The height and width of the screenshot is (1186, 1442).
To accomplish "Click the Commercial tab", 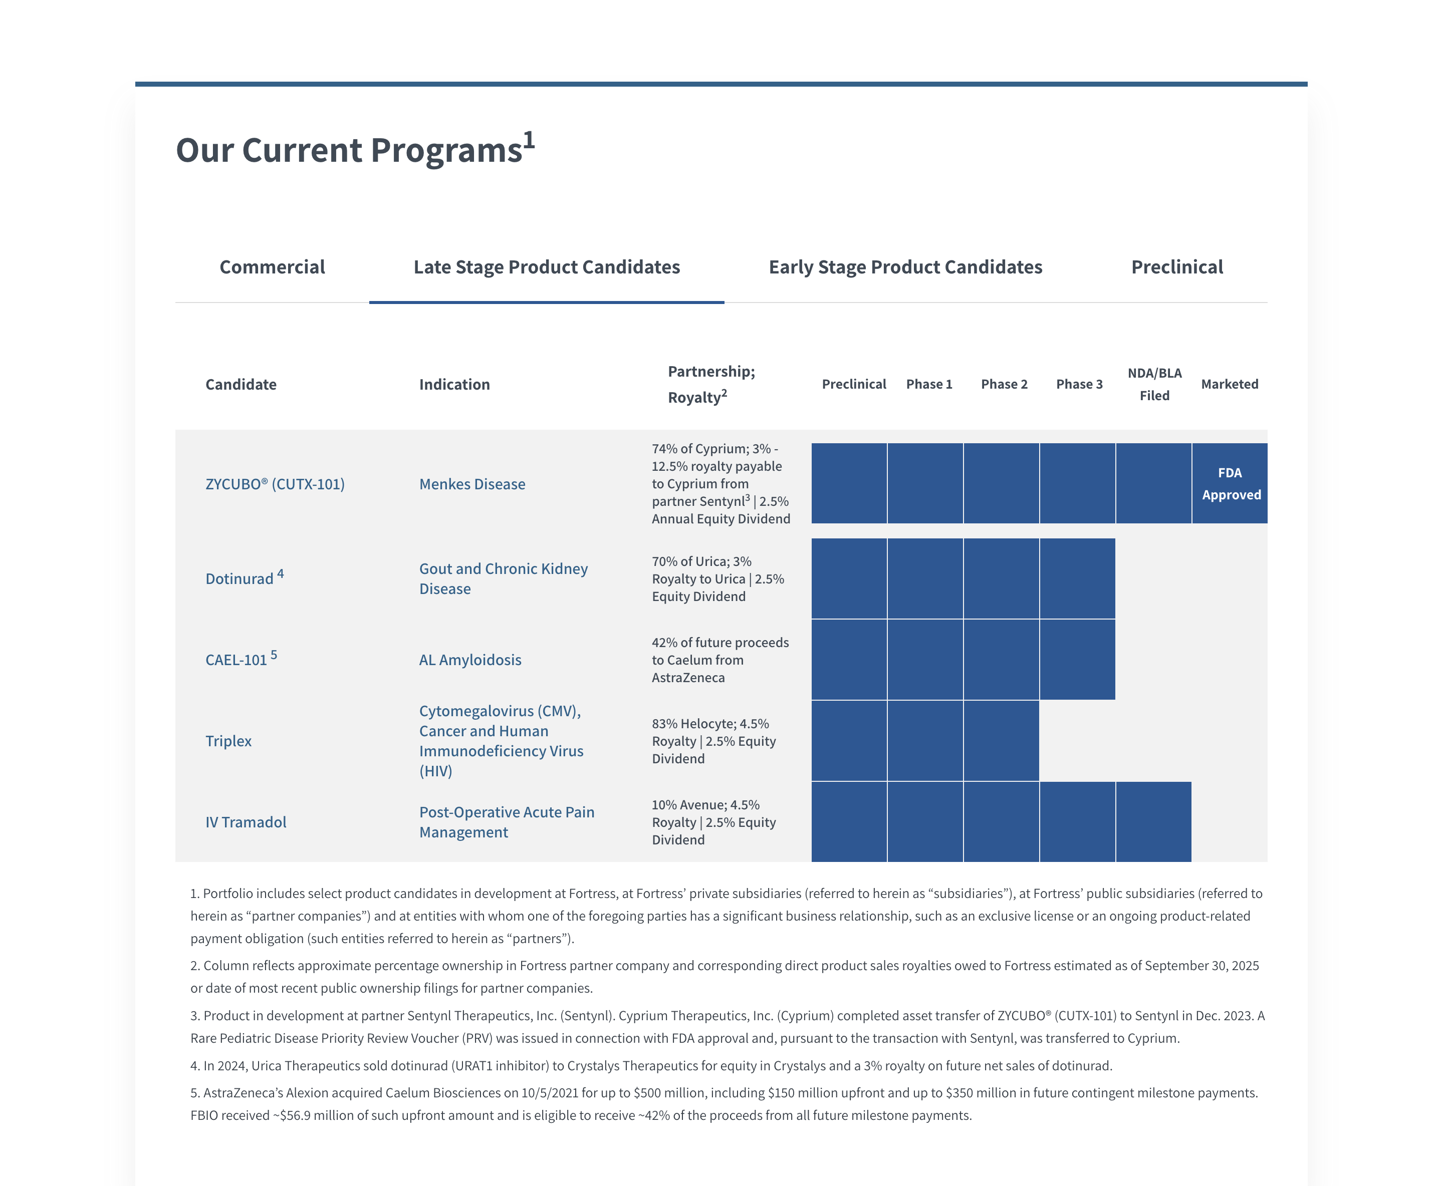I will click(x=272, y=267).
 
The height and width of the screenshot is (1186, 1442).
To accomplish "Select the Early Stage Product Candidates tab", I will click(x=905, y=267).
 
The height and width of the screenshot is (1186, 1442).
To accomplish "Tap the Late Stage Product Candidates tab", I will click(x=546, y=267).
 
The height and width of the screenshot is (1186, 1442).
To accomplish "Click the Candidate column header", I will click(x=241, y=385).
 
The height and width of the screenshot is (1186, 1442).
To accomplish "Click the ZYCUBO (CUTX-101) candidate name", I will click(x=275, y=484).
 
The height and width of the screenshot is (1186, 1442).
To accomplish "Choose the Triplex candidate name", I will click(x=228, y=741).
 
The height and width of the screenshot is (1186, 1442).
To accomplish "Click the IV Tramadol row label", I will click(x=246, y=822).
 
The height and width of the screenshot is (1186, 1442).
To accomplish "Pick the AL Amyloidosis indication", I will click(x=469, y=660).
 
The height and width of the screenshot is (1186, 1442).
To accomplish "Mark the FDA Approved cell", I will click(x=1230, y=484).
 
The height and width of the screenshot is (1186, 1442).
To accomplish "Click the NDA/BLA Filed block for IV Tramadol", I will click(x=1153, y=822).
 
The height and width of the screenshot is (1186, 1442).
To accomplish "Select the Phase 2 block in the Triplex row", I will click(x=1001, y=741).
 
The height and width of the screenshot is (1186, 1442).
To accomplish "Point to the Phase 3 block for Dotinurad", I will click(x=1077, y=578).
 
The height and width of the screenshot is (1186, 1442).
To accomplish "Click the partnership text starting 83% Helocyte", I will click(x=713, y=741).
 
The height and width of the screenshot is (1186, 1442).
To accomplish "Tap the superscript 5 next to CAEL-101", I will click(x=274, y=655).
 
